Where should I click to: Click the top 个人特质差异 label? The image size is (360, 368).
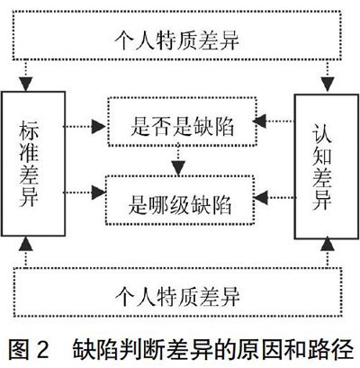click(176, 40)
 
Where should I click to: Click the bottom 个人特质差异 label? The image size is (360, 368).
click(177, 296)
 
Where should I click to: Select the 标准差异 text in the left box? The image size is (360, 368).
click(29, 164)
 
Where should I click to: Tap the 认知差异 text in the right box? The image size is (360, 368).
click(322, 166)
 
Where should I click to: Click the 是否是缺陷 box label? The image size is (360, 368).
click(182, 126)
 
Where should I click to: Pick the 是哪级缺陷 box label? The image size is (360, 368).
click(180, 205)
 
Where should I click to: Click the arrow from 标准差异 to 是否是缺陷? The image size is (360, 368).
click(85, 127)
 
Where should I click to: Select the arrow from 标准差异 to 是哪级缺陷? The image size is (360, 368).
click(85, 193)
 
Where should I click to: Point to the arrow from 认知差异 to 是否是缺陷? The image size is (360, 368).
click(274, 121)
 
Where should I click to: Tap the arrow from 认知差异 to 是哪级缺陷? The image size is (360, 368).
click(274, 198)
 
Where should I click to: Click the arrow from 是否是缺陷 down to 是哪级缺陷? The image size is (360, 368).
click(178, 161)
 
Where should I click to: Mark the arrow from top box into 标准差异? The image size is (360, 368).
click(26, 76)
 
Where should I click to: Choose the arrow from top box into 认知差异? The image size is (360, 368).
click(327, 76)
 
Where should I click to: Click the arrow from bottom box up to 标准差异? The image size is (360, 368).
click(26, 252)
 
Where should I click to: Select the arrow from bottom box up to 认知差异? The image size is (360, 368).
click(327, 253)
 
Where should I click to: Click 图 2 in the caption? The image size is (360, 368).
click(29, 349)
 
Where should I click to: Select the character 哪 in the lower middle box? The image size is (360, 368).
click(159, 205)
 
